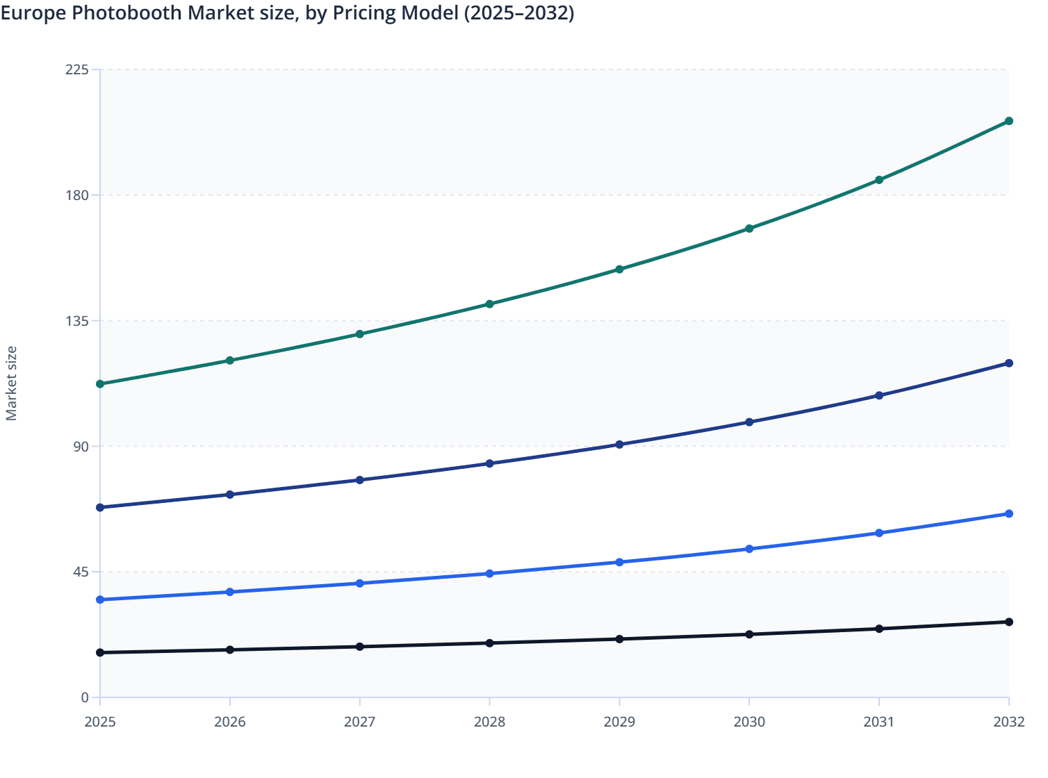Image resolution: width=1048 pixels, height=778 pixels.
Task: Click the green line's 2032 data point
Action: click(x=1008, y=121)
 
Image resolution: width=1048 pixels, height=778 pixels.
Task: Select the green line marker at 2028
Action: click(x=489, y=304)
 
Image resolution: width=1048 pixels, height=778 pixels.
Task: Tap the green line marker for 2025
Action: click(x=100, y=383)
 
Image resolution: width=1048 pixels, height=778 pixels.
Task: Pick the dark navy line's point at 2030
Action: click(x=749, y=422)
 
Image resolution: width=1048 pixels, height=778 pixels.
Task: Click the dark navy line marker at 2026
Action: click(x=230, y=495)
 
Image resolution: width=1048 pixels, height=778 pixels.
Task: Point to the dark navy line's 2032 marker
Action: click(x=1008, y=363)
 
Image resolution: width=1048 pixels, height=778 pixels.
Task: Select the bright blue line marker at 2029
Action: click(x=619, y=562)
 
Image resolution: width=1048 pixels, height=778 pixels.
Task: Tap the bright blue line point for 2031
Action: click(x=878, y=533)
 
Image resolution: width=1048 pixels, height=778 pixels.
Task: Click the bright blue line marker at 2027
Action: click(x=359, y=583)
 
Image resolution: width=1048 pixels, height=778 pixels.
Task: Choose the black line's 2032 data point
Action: click(x=1008, y=622)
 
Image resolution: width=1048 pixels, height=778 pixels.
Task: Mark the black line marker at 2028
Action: click(x=489, y=643)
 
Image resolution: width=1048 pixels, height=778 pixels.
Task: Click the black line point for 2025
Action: click(x=100, y=652)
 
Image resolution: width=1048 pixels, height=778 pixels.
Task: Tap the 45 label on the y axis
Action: click(x=81, y=572)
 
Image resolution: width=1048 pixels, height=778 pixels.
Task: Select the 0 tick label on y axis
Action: click(x=85, y=697)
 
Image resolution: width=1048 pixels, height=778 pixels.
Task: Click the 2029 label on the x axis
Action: click(x=619, y=722)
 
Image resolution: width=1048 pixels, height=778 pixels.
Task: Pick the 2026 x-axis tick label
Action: click(x=230, y=722)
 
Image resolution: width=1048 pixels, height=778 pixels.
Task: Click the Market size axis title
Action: click(x=11, y=383)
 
